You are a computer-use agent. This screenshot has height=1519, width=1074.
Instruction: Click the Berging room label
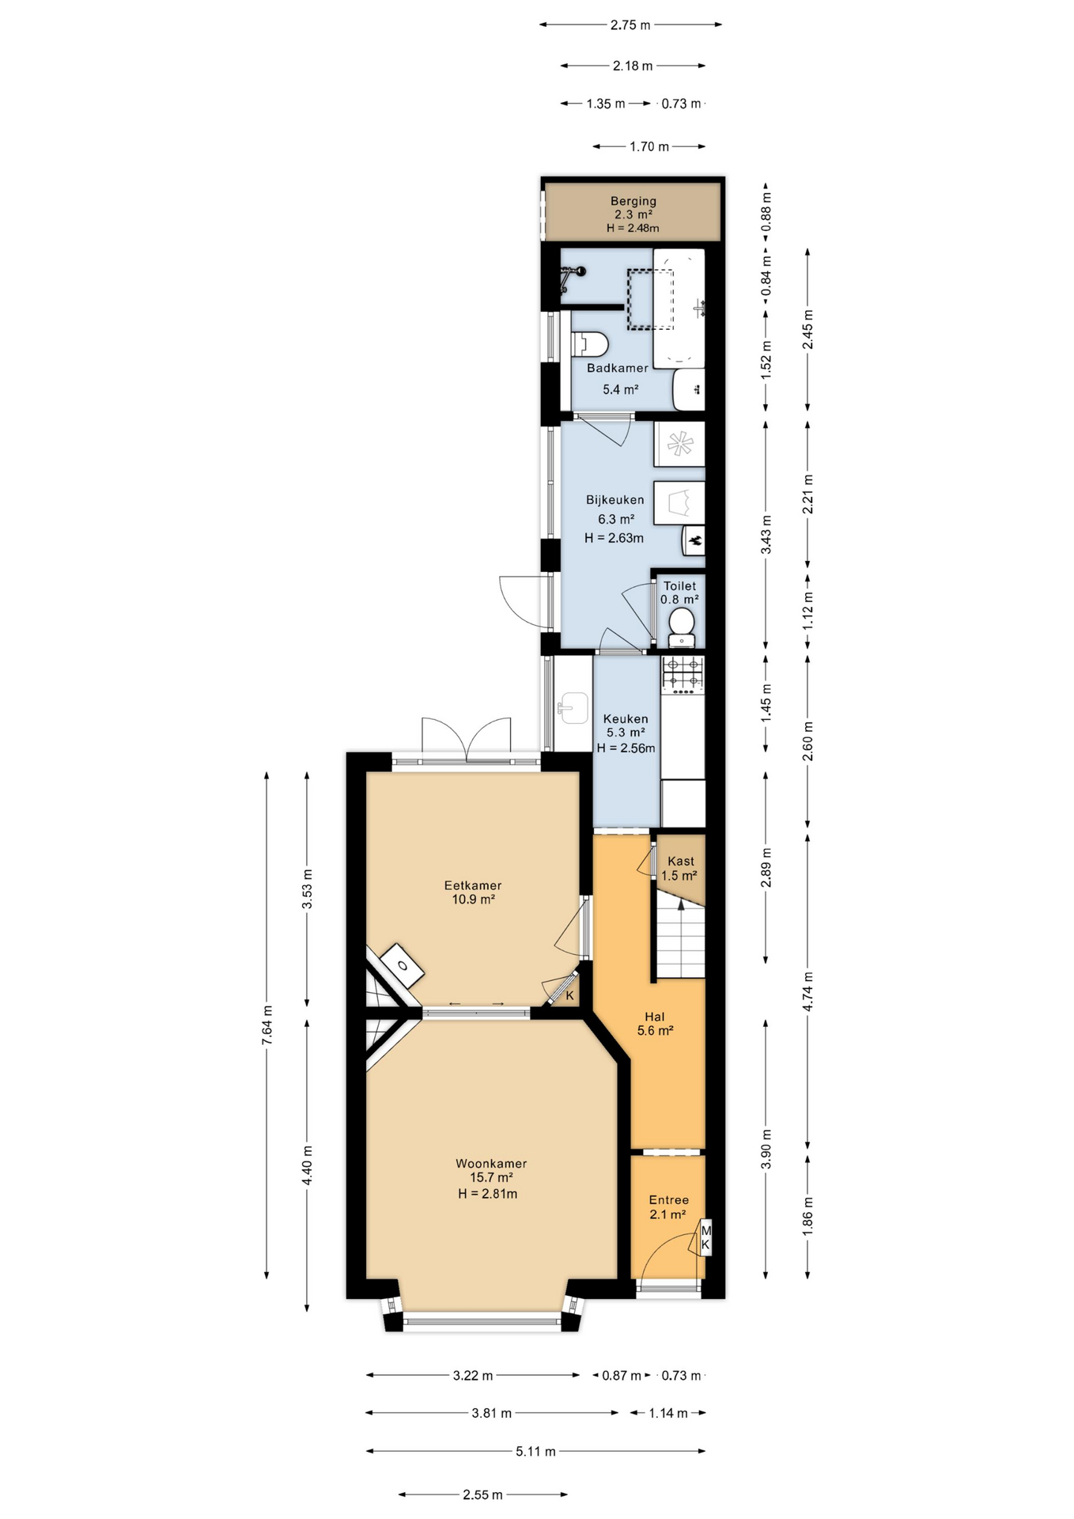[633, 202]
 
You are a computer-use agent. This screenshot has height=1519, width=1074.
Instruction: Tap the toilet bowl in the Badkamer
[591, 345]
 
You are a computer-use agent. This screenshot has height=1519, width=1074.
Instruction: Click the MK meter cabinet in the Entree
[705, 1238]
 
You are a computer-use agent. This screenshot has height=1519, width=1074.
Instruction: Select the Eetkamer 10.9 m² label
[473, 892]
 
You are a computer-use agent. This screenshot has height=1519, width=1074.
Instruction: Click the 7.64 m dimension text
[267, 1025]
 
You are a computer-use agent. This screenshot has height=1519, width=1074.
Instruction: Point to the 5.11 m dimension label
[535, 1452]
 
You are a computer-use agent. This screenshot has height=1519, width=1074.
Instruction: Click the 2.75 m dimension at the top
[630, 25]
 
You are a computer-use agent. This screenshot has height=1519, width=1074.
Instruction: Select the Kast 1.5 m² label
[679, 869]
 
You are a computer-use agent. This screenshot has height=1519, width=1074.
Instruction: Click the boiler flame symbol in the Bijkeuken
[695, 541]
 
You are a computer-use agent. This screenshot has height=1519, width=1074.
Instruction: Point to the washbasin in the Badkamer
[688, 389]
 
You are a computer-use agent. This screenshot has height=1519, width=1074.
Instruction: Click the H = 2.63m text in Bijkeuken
[614, 538]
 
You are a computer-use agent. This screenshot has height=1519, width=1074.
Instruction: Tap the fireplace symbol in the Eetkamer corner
[403, 966]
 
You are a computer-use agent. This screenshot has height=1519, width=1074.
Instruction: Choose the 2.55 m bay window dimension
[482, 1495]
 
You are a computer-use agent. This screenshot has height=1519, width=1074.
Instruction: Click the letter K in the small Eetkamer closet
[569, 996]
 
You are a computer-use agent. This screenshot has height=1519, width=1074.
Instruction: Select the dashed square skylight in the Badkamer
[650, 299]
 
